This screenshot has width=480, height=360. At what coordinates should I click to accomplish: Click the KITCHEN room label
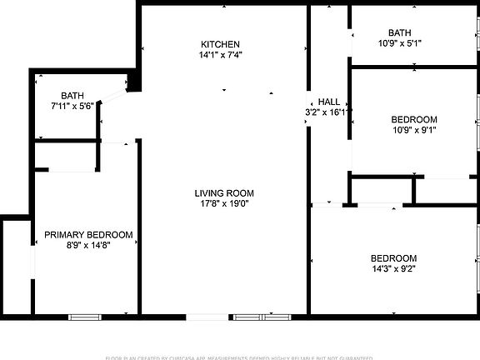click(221, 44)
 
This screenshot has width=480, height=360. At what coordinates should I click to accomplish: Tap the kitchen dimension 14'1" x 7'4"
click(221, 56)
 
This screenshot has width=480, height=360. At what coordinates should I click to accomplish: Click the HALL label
click(328, 101)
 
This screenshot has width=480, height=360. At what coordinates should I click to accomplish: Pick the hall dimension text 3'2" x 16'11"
click(328, 112)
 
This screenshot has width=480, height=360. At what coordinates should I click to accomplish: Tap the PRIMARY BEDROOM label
click(88, 235)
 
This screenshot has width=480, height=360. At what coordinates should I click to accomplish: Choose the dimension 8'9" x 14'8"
click(88, 246)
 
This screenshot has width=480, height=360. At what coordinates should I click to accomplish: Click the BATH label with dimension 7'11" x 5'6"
click(72, 95)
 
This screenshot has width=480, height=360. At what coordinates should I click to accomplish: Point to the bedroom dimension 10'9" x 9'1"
click(413, 130)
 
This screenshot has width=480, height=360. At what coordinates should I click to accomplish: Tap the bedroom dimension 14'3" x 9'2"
click(393, 269)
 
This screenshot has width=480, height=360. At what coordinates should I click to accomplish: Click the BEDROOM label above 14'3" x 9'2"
click(393, 258)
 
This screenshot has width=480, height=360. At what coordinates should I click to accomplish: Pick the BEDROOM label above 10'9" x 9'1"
click(414, 119)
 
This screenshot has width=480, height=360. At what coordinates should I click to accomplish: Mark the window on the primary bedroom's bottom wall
click(85, 317)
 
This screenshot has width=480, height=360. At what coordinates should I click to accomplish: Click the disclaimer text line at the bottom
click(239, 357)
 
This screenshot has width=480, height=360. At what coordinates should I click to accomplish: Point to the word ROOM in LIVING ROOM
click(238, 192)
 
